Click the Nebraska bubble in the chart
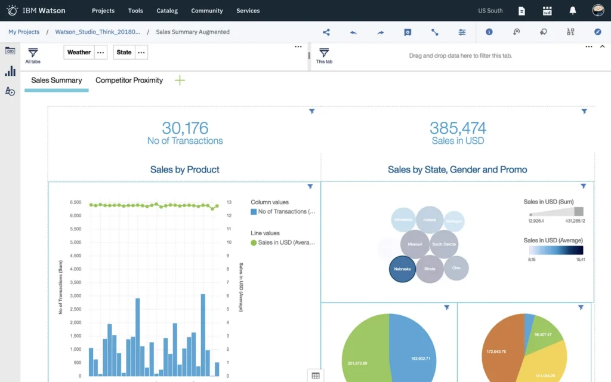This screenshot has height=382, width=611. pyautogui.click(x=402, y=269)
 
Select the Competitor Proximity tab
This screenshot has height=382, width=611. pyautogui.click(x=129, y=81)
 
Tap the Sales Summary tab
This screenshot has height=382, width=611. pyautogui.click(x=57, y=81)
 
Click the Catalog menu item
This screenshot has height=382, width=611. pyautogui.click(x=167, y=11)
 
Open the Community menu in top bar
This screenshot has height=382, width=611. pyautogui.click(x=207, y=11)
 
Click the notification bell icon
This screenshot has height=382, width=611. pyautogui.click(x=573, y=11)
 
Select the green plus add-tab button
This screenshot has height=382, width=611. pyautogui.click(x=180, y=81)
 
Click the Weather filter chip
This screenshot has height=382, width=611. pyautogui.click(x=79, y=53)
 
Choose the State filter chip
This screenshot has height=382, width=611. pyautogui.click(x=124, y=53)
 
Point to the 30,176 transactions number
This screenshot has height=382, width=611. pyautogui.click(x=185, y=128)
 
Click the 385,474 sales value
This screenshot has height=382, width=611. pyautogui.click(x=458, y=128)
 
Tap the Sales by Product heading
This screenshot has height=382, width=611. pyautogui.click(x=185, y=170)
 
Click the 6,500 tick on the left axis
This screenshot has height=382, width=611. pyautogui.click(x=75, y=202)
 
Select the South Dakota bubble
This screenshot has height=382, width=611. pyautogui.click(x=444, y=245)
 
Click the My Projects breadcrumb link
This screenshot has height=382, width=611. pyautogui.click(x=24, y=32)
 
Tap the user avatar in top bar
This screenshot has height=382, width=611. pyautogui.click(x=598, y=11)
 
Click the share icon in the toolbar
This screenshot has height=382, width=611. pyautogui.click(x=326, y=32)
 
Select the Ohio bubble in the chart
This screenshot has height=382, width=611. pyautogui.click(x=456, y=268)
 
